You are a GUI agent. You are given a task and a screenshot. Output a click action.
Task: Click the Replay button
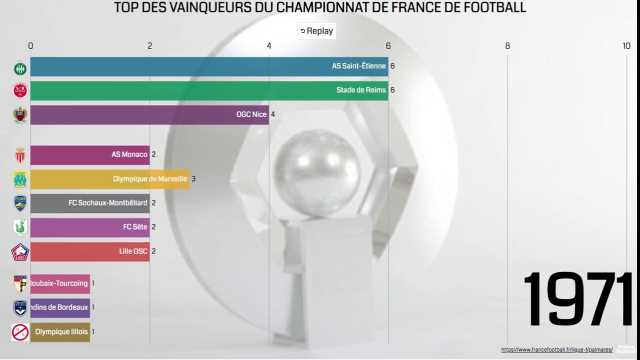(x=316, y=31)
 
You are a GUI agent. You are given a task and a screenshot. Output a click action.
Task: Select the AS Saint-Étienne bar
(x=209, y=66)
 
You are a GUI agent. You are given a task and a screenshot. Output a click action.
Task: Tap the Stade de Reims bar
(x=209, y=90)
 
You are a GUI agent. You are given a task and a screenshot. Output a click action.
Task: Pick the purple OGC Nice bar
(x=149, y=114)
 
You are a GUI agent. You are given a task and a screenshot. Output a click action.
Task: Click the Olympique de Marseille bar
(x=110, y=179)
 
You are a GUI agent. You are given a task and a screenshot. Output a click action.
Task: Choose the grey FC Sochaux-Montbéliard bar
(x=90, y=203)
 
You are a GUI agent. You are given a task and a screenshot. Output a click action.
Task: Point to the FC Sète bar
(x=90, y=227)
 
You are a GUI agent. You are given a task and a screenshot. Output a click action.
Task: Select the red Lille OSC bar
(x=90, y=251)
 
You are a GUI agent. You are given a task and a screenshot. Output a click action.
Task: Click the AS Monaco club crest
(x=20, y=155)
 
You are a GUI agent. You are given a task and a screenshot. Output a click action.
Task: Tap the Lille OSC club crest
(x=20, y=252)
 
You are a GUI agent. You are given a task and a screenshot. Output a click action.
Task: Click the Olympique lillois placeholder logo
(x=20, y=332)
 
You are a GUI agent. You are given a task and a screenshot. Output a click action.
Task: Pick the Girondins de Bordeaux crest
(x=20, y=307)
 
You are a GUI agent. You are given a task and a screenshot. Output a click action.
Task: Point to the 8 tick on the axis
(x=507, y=46)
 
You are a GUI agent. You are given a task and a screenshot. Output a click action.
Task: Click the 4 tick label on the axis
(x=269, y=46)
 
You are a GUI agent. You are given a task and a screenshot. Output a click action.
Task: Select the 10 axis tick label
(x=626, y=46)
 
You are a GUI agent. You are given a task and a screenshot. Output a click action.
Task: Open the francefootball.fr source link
(x=556, y=350)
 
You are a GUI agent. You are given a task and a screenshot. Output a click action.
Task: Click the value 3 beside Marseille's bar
(x=193, y=179)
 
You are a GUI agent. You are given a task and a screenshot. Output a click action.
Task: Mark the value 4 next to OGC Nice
(x=273, y=114)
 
